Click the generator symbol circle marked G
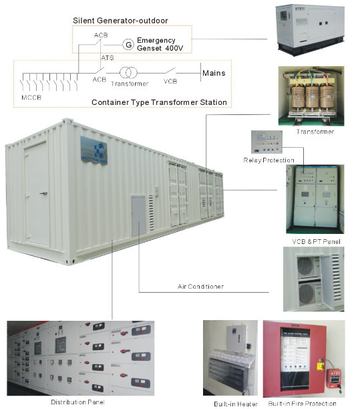click(128, 45)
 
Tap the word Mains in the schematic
click(214, 73)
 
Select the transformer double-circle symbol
click(128, 73)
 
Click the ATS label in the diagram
click(108, 57)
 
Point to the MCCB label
click(31, 98)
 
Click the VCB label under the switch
click(170, 82)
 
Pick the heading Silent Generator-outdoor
click(120, 21)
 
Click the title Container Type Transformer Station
click(159, 102)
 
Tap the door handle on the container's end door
click(44, 193)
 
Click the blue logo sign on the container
click(94, 150)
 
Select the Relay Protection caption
click(268, 160)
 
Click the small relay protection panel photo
click(266, 142)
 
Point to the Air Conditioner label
click(200, 287)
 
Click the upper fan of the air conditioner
click(305, 267)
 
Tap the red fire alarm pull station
click(334, 378)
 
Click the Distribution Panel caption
click(77, 402)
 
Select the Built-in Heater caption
click(236, 404)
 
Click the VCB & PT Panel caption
click(316, 241)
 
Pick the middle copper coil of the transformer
click(312, 97)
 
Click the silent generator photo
click(310, 29)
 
